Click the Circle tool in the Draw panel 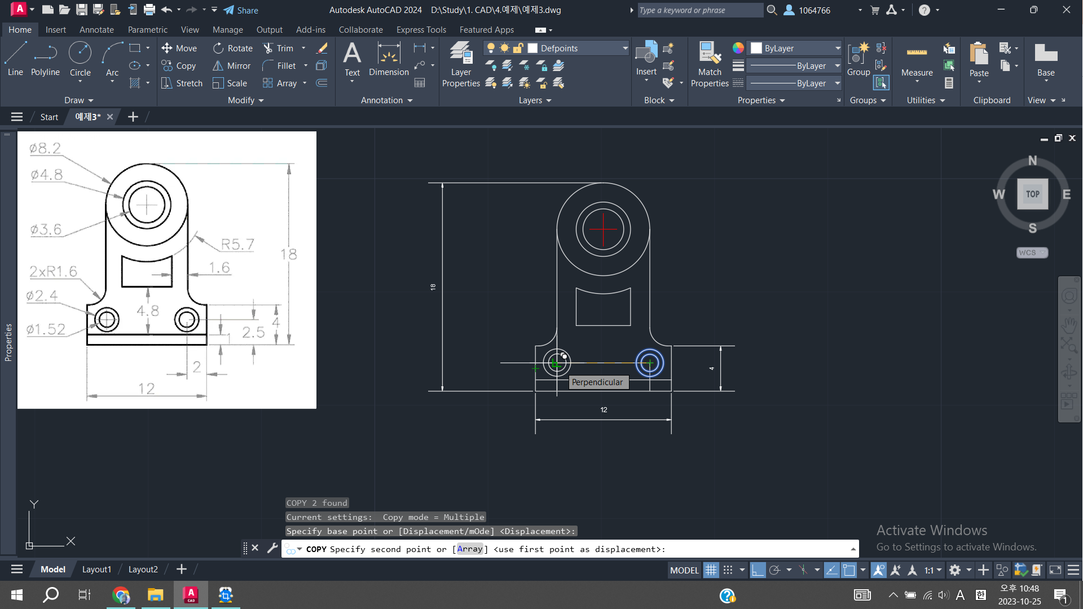coord(80,59)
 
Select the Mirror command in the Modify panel coord(231,66)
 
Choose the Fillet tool coord(280,66)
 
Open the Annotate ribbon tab coord(96,30)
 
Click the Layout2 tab coord(143,570)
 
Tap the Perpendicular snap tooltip coord(597,382)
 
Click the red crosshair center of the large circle coord(603,230)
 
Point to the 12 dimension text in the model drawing coord(604,410)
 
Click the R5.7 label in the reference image coord(237,244)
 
